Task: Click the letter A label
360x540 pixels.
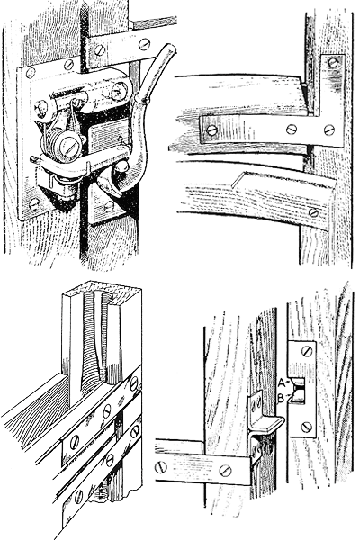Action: point(282,382)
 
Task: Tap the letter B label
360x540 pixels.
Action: point(281,399)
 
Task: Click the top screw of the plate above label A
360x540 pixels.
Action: point(307,351)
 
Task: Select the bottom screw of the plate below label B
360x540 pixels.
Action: point(307,427)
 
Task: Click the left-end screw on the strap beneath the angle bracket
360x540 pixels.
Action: point(161,467)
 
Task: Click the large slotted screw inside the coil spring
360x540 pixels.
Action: point(67,147)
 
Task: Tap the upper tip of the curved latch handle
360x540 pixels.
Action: point(170,48)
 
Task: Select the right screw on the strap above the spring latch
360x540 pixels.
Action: point(144,44)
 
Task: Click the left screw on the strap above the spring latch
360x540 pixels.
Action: point(100,50)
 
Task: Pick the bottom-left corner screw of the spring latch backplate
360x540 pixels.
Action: point(34,204)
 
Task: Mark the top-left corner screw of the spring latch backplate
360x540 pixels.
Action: point(31,73)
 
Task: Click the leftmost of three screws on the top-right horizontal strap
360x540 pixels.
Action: point(211,130)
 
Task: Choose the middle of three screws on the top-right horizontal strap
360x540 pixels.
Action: point(292,130)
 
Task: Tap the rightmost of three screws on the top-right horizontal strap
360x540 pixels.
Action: point(329,130)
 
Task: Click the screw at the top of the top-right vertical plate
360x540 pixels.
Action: point(333,63)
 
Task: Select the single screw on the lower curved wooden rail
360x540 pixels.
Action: point(313,212)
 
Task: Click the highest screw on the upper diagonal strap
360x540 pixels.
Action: point(134,382)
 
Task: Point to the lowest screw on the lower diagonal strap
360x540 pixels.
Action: point(79,496)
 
